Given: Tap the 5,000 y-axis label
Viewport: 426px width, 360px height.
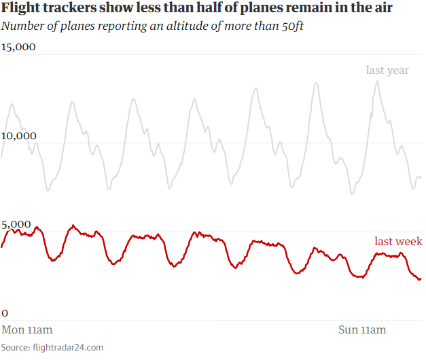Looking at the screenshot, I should [x=16, y=225].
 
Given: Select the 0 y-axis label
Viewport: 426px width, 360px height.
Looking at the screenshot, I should [x=5, y=313].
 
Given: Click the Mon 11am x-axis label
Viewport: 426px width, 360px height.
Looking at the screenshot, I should [x=27, y=330].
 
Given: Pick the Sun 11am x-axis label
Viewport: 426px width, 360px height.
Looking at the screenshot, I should [x=362, y=330].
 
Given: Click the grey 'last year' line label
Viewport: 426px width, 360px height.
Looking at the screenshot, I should [x=387, y=70].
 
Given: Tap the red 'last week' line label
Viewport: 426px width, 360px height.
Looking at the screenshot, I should [x=398, y=241].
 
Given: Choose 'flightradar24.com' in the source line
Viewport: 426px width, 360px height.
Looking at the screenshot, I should [x=69, y=347].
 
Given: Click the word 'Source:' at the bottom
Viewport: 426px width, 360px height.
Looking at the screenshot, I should [x=16, y=347].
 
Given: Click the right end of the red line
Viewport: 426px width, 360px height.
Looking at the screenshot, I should [x=421, y=278].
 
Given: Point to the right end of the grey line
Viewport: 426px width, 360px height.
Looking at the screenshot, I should [x=421, y=176].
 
